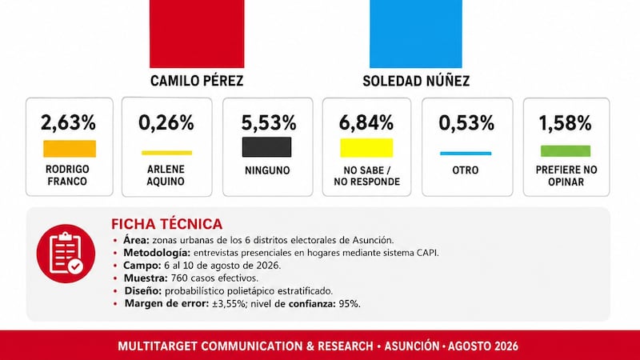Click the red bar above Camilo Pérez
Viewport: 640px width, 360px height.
(197, 34)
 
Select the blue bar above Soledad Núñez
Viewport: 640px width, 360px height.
(415, 34)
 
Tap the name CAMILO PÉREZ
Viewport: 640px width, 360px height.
(197, 81)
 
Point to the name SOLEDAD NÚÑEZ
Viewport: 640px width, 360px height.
(416, 81)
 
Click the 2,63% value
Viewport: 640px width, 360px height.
(68, 122)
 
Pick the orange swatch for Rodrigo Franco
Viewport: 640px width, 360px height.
(70, 149)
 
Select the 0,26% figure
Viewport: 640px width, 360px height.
(166, 122)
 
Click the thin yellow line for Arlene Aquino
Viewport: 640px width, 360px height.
(167, 153)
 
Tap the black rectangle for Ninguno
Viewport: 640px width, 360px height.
(267, 147)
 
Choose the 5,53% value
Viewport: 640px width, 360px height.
(269, 123)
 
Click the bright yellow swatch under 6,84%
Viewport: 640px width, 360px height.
(366, 148)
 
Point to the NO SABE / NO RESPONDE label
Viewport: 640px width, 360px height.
(366, 176)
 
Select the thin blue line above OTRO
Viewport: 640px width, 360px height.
(466, 154)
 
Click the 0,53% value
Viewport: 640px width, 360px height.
(466, 123)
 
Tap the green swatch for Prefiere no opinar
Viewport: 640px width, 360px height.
(566, 151)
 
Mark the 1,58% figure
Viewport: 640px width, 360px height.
(566, 123)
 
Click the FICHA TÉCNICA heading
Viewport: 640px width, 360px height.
(167, 224)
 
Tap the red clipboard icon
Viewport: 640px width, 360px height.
(66, 254)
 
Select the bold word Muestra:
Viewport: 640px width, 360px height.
(146, 278)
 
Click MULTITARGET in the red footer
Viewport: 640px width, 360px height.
(158, 346)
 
